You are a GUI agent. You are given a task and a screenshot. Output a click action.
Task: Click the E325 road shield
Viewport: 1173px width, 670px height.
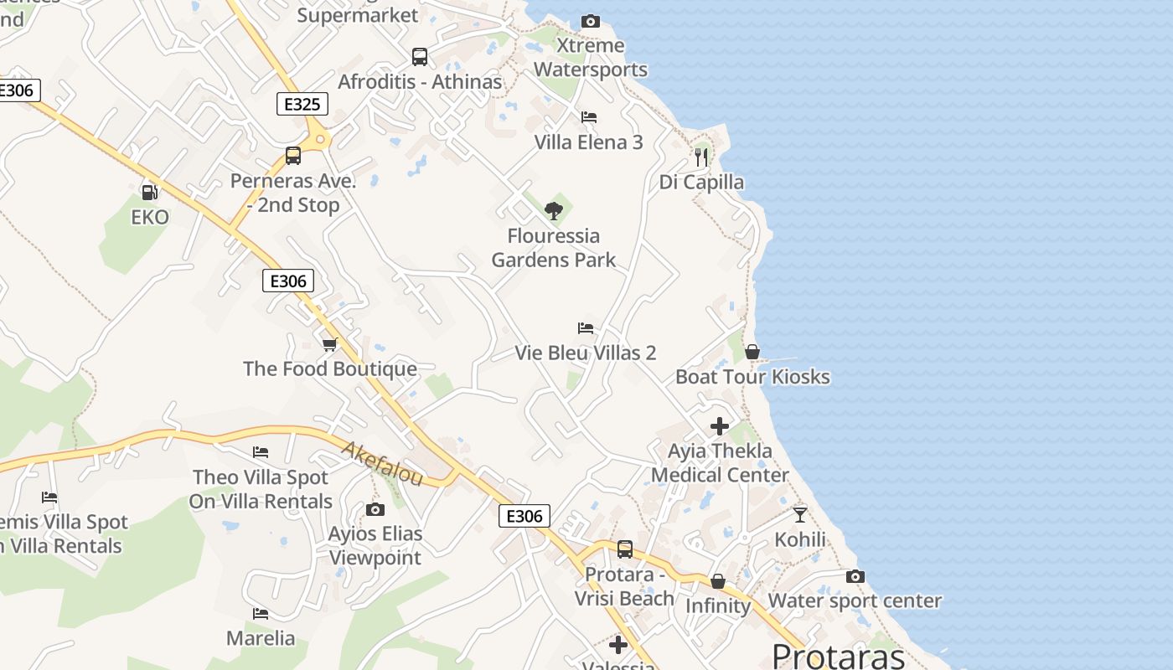[302, 104]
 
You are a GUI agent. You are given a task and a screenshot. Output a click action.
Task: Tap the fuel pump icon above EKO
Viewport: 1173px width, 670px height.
[150, 193]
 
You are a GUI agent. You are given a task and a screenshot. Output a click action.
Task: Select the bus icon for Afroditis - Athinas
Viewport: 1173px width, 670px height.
[420, 57]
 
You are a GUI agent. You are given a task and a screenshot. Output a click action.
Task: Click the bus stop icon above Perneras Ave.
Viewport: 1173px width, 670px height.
[293, 156]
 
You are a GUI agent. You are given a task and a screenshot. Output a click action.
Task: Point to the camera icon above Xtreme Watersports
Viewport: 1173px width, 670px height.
[591, 21]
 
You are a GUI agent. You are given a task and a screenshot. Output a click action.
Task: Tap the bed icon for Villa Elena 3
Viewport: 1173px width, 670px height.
[589, 117]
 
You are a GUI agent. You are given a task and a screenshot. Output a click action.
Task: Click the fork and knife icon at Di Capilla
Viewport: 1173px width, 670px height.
[701, 157]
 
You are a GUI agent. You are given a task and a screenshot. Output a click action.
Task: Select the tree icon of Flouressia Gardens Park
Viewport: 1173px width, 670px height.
[553, 210]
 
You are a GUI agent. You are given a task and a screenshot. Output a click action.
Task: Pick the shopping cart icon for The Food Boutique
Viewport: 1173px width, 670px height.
[330, 344]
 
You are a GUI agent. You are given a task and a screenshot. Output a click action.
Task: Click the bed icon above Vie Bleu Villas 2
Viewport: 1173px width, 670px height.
[586, 328]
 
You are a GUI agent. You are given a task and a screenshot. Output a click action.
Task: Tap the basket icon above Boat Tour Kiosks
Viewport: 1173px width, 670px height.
[752, 352]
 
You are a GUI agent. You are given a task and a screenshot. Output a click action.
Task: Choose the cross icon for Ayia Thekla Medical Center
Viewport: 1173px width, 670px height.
[720, 426]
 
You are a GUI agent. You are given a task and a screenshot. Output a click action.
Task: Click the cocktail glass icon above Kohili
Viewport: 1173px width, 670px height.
[800, 514]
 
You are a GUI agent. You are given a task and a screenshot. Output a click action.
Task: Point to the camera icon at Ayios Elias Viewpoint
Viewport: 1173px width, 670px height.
[375, 509]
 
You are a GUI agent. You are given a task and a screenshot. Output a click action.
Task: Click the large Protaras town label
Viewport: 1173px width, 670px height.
[838, 655]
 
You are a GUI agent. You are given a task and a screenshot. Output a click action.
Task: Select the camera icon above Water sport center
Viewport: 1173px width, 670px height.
[855, 576]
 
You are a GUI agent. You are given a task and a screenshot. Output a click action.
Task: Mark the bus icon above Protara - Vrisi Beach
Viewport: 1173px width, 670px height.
[625, 549]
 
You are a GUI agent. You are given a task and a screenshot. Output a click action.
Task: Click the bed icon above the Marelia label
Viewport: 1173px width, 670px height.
[261, 614]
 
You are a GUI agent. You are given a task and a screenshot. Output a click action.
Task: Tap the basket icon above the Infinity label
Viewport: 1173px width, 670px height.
[718, 581]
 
